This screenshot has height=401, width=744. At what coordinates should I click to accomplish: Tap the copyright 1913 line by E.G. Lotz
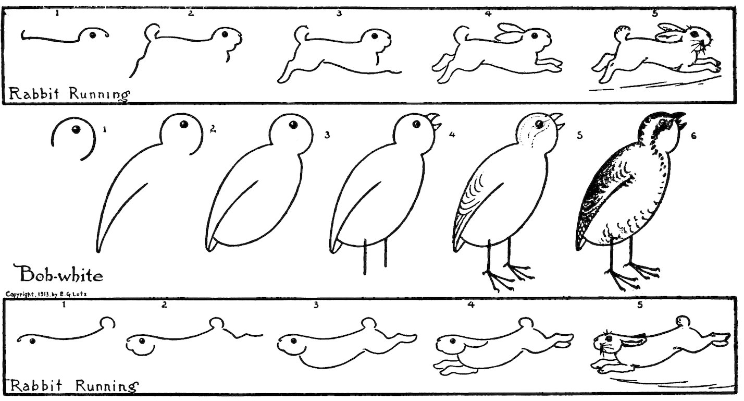click(x=46, y=294)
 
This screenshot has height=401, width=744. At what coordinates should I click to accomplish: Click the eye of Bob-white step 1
click(x=76, y=130)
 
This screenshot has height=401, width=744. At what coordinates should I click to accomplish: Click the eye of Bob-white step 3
click(x=293, y=125)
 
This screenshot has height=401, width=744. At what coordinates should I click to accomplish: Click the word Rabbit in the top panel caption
click(x=34, y=93)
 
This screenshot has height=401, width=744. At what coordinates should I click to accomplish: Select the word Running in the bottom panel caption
click(x=107, y=386)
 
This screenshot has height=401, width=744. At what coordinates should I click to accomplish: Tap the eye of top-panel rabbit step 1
click(x=93, y=34)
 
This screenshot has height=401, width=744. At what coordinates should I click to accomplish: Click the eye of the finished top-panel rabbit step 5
click(x=694, y=33)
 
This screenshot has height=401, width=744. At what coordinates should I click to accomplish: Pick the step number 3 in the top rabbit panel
click(x=339, y=13)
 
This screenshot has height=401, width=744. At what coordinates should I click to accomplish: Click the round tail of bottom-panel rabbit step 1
click(x=108, y=323)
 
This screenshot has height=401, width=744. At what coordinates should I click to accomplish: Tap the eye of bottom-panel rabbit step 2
click(x=142, y=341)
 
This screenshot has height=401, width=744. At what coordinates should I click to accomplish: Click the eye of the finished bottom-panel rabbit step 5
click(x=609, y=338)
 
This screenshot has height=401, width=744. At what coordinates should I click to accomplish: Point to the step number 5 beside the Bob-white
click(x=580, y=136)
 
